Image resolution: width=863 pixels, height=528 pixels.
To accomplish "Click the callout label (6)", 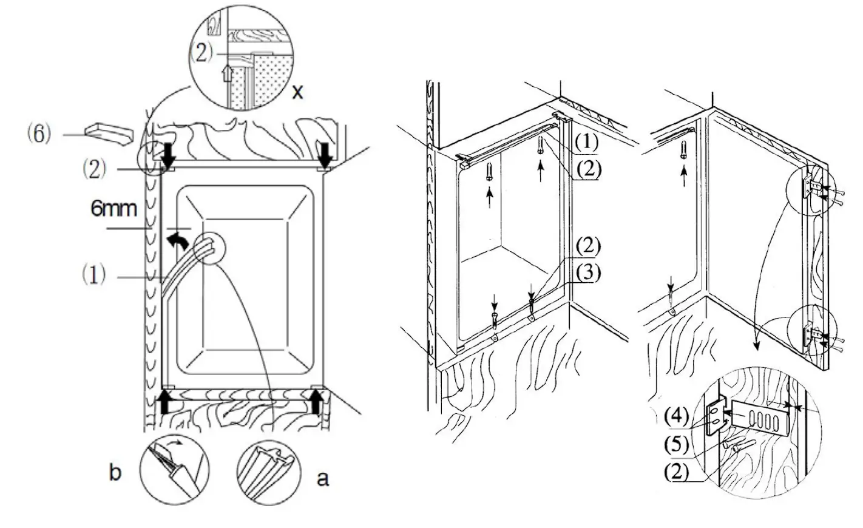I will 38,134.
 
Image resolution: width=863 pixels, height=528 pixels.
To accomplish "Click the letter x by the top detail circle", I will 297,92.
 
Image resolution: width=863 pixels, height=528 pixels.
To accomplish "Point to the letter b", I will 115,473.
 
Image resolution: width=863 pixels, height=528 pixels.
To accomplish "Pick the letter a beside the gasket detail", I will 323,478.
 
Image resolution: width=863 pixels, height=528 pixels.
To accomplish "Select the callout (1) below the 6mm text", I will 94,276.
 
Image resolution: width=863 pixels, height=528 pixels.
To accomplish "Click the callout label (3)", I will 586,273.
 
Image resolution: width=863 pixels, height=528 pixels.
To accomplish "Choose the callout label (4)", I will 675,416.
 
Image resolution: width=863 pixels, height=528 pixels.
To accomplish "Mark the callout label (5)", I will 675,445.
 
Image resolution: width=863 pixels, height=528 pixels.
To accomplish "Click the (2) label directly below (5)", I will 675,472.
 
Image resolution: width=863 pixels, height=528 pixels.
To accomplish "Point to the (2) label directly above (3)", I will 586,247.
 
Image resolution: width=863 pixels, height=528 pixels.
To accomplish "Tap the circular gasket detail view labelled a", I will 268,472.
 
